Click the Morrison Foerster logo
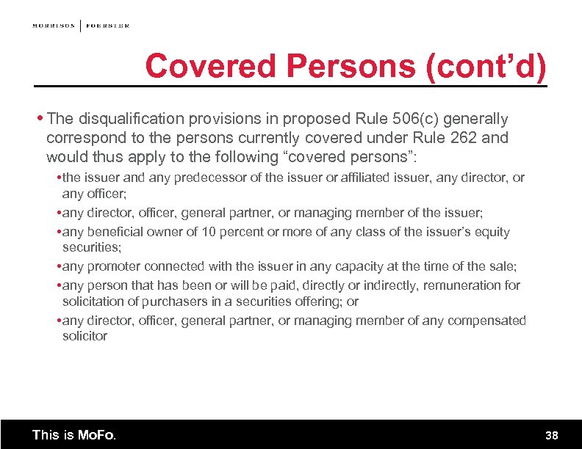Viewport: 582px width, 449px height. pos(81,26)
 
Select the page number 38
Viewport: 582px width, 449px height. pos(552,436)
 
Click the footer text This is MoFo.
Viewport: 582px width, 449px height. pos(74,435)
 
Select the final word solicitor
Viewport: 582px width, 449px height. pos(85,336)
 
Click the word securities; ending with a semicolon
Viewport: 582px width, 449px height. pos(92,248)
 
